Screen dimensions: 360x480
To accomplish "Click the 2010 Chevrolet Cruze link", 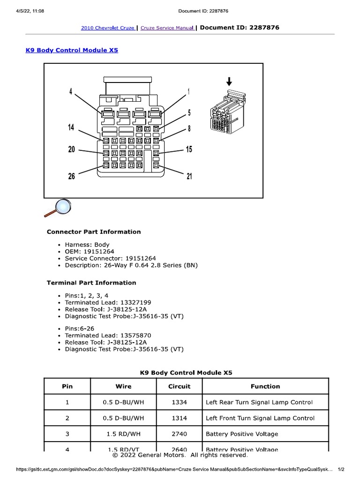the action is coord(107,28).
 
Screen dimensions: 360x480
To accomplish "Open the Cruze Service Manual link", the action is coord(167,28).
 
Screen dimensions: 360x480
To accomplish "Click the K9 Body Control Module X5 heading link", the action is coord(71,50).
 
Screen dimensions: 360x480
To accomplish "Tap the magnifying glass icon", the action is coord(59,208).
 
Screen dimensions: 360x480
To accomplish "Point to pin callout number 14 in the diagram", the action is coord(71,127).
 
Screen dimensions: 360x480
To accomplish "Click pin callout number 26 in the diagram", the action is coord(71,177).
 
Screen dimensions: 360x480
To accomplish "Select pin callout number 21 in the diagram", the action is coord(189,177).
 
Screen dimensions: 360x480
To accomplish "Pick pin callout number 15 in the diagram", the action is coord(189,150).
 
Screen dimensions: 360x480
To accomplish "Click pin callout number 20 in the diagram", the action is coord(71,150).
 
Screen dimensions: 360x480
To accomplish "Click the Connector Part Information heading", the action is coord(94,232).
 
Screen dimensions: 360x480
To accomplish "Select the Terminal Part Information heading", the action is coord(91,283).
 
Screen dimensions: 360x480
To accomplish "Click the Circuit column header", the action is coord(180,387).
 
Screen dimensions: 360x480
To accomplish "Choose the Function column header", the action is coord(265,387).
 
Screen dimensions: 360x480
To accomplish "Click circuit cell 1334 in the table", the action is coord(180,402).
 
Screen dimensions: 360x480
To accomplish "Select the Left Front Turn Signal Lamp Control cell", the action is coord(260,418).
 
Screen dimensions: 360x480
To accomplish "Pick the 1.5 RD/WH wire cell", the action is coord(124,434).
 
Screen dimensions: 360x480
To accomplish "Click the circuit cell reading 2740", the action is coord(180,434).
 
